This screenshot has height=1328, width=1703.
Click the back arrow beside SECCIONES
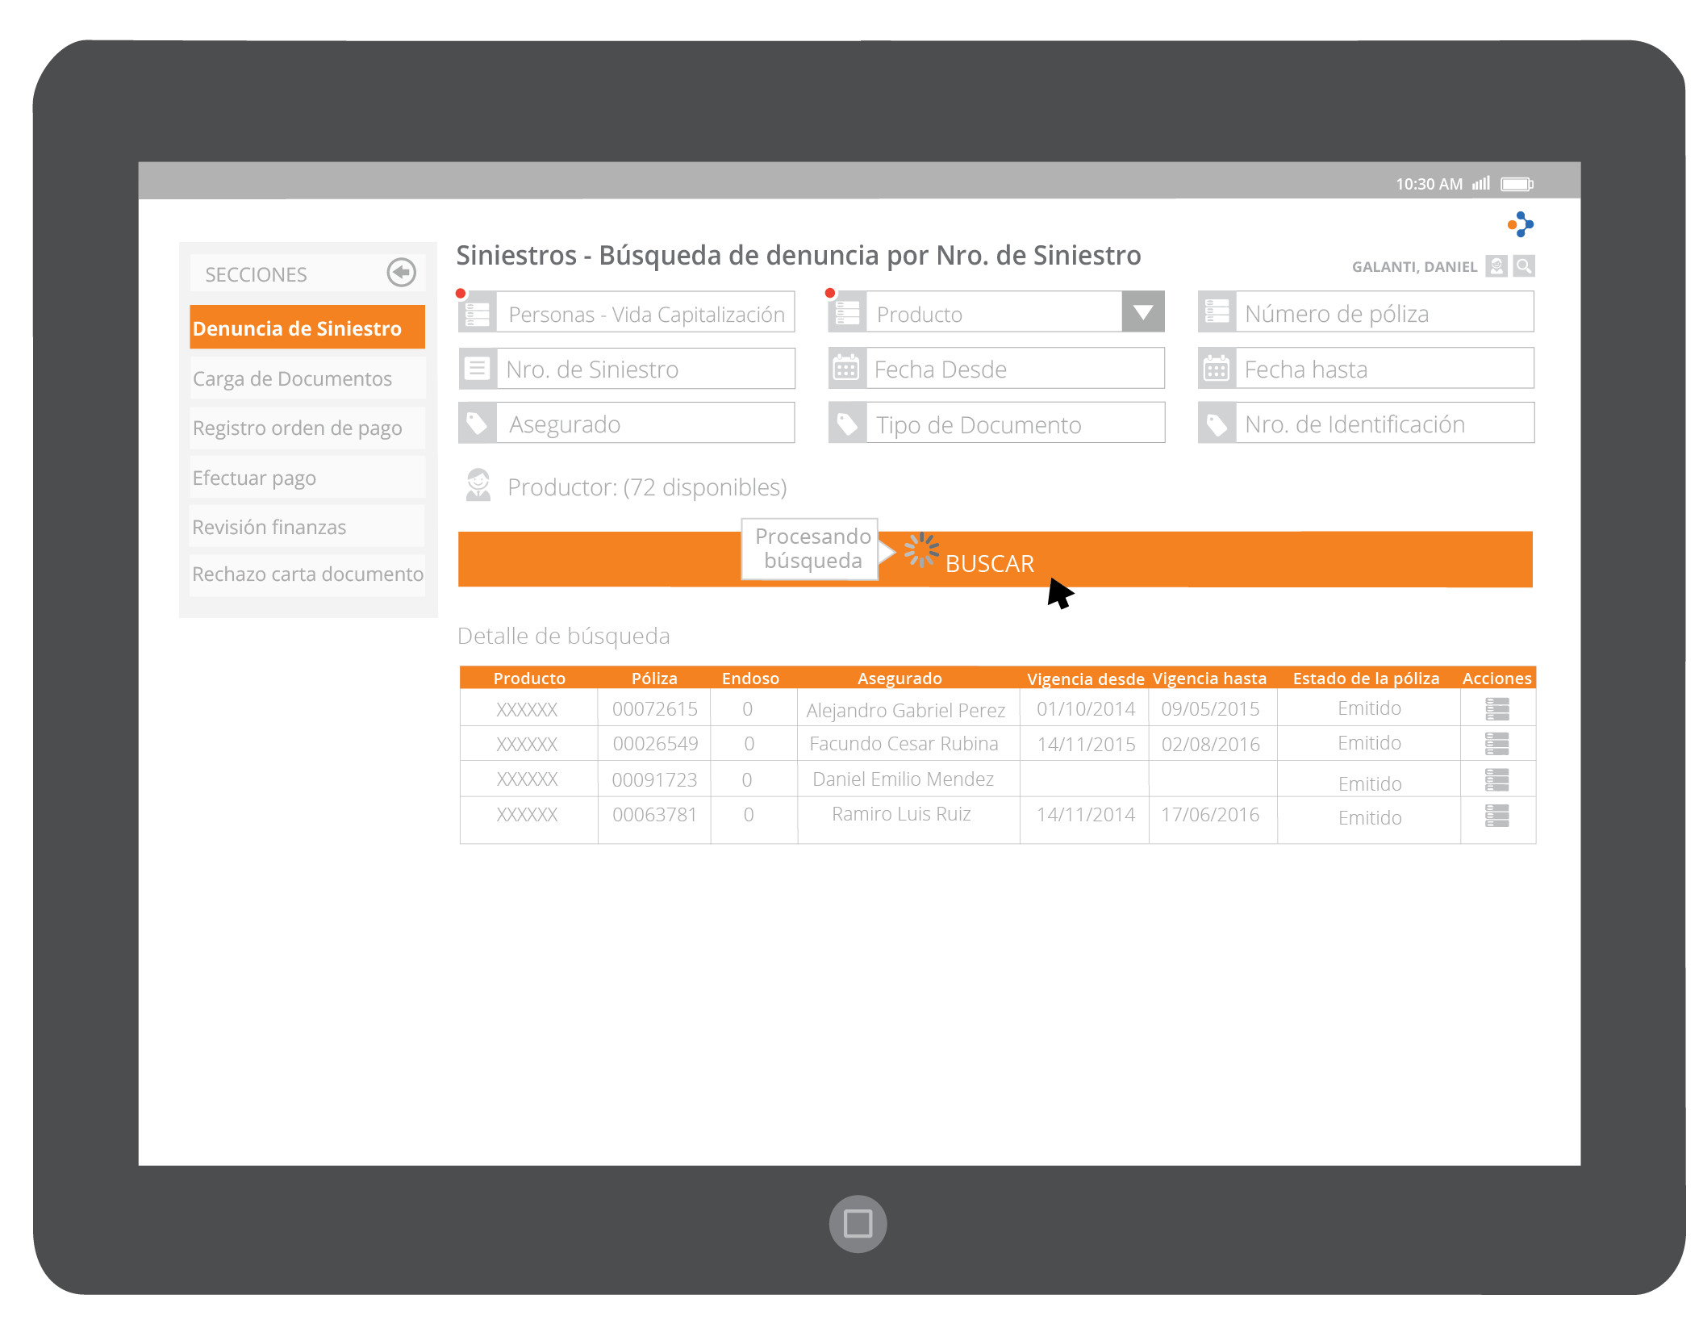(401, 273)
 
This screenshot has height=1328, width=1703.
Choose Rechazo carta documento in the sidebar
(307, 574)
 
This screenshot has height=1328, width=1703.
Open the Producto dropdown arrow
(1142, 311)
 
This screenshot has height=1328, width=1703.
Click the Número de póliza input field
(1384, 312)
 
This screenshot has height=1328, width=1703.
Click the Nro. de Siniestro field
(645, 369)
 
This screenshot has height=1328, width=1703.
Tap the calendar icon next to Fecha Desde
(846, 369)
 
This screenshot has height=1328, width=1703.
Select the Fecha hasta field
(1384, 369)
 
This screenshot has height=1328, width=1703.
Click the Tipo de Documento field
(1015, 424)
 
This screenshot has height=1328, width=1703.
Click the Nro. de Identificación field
(1384, 424)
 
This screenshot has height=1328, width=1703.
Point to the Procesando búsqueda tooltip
(812, 549)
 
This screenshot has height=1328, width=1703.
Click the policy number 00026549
(655, 744)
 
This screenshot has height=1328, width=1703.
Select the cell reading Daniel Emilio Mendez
(903, 779)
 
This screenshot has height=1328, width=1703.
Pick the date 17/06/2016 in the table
(1210, 815)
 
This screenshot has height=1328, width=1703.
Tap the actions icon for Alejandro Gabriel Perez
(1497, 709)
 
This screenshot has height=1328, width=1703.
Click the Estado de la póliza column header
(1366, 679)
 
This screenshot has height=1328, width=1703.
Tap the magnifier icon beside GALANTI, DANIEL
(1524, 265)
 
